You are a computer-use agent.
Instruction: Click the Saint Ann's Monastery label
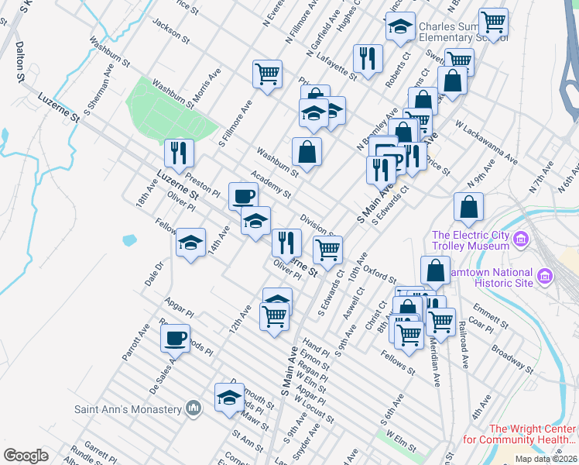click(x=128, y=408)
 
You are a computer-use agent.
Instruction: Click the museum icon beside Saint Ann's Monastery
click(x=194, y=408)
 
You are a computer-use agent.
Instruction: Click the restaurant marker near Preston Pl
click(x=179, y=153)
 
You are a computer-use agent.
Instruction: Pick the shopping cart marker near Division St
click(x=328, y=250)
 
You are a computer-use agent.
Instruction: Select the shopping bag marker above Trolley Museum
click(x=468, y=206)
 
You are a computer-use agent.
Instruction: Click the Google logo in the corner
click(x=26, y=455)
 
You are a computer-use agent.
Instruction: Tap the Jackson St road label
click(x=171, y=30)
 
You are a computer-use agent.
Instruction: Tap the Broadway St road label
click(x=509, y=355)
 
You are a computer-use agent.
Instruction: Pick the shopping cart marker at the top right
click(x=493, y=21)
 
